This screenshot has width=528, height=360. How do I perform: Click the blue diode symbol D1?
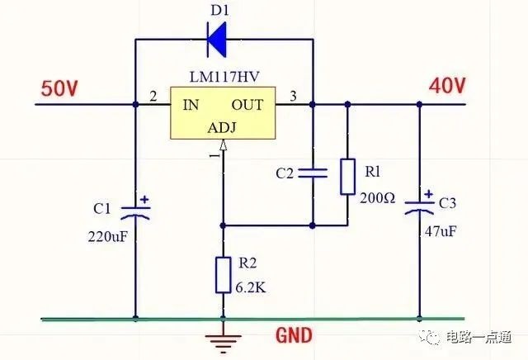216,40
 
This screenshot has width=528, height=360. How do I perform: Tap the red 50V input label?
59,89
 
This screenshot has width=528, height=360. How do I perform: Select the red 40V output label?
447,86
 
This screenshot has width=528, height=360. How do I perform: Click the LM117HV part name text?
224,77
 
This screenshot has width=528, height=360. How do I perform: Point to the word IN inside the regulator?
191,105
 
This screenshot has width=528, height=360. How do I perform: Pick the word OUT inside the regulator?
247,105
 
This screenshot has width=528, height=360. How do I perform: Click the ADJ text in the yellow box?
222,128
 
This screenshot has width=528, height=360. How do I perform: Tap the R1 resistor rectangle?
347,177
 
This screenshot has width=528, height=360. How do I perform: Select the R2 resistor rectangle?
223,275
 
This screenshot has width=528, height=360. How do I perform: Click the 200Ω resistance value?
378,198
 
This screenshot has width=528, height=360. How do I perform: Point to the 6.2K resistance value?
251,287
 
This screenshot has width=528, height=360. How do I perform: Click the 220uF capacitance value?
108,237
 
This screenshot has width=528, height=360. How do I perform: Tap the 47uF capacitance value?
441,231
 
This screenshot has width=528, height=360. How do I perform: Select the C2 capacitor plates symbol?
313,173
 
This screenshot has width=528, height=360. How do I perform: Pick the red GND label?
294,335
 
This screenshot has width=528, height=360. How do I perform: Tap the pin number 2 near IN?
153,97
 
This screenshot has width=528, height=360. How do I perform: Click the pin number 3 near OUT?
294,96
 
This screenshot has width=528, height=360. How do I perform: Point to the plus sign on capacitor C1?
144,200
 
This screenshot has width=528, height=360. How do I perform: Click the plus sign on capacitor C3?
429,194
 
